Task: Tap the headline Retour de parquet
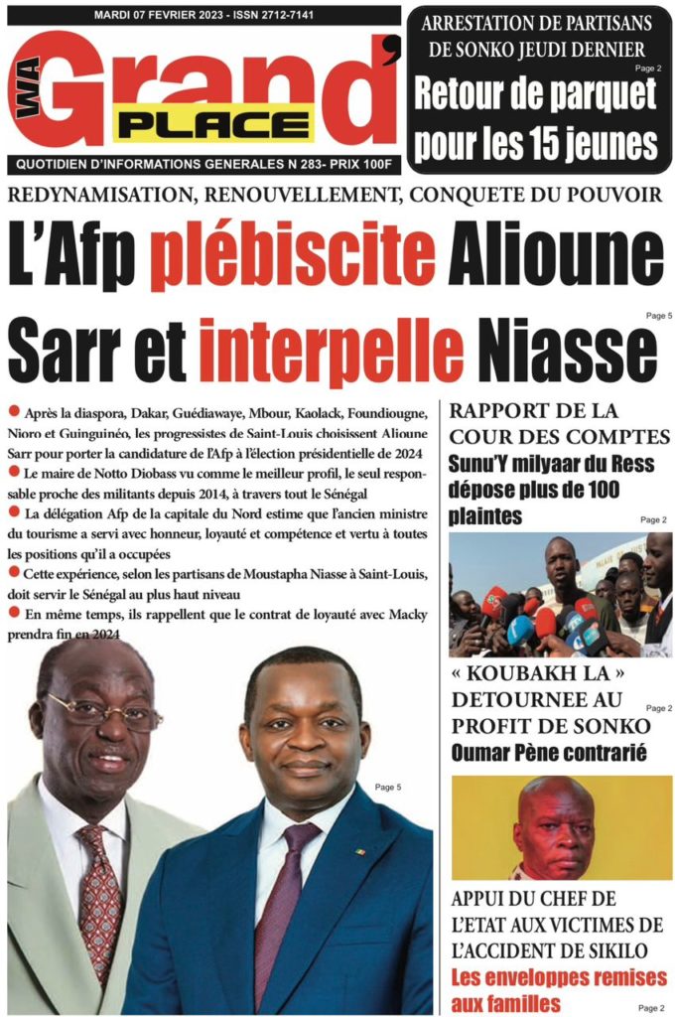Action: pos(536,94)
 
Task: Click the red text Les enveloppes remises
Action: pos(559,977)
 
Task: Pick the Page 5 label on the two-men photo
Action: pos(388,788)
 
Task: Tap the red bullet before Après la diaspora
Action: pos(13,410)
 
